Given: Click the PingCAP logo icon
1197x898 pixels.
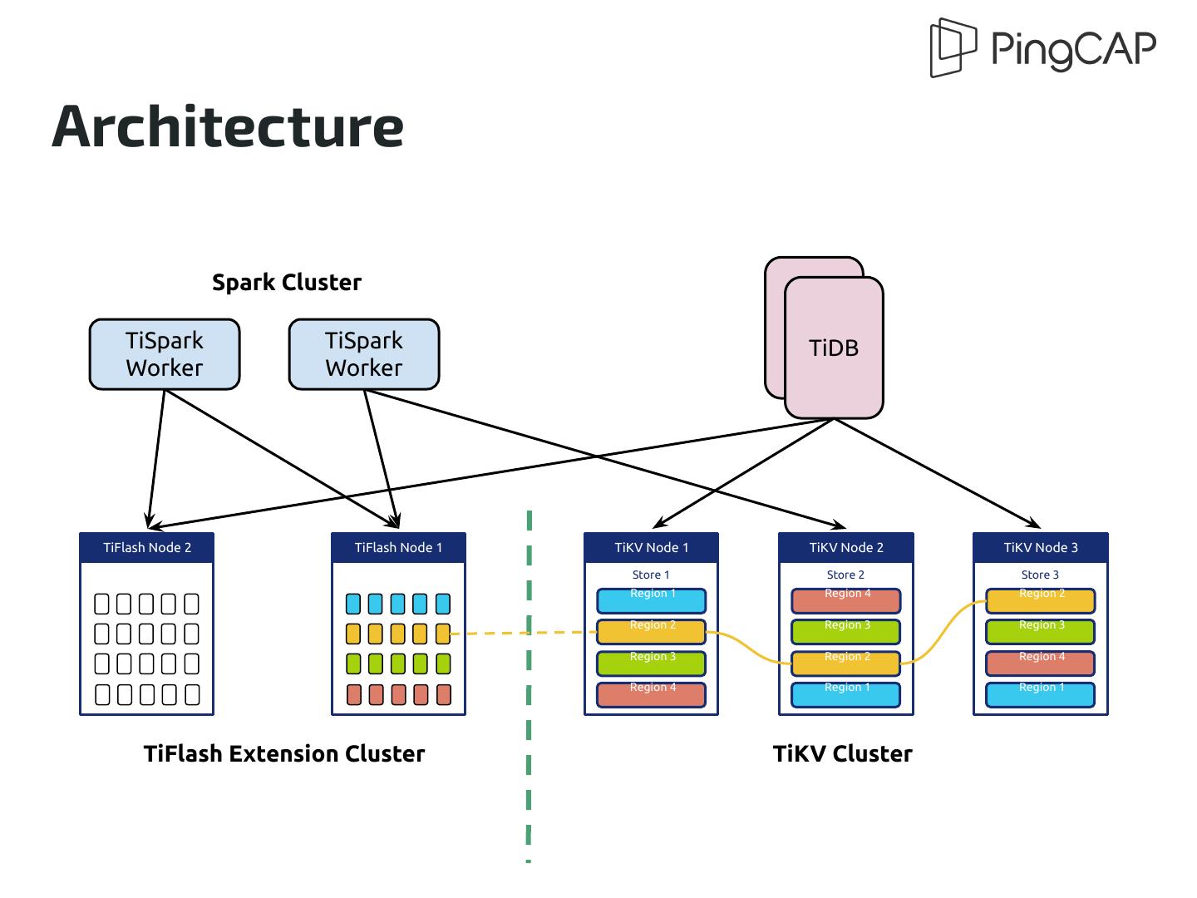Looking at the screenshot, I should click(953, 47).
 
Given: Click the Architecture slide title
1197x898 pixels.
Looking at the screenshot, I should click(228, 126).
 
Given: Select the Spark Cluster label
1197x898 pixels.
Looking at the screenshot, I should click(287, 283).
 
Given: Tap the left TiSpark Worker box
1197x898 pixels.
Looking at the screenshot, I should click(165, 354).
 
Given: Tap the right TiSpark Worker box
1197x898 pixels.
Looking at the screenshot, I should click(364, 354).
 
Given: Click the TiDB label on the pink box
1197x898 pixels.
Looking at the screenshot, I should click(834, 348).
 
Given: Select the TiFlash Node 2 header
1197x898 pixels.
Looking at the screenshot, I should click(147, 547).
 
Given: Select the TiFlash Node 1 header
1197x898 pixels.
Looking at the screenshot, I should click(398, 547).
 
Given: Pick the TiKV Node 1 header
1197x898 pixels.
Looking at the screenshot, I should click(651, 547).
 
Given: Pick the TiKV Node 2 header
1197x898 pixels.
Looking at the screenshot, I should click(846, 547).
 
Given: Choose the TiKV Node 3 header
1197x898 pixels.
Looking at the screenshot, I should click(1041, 547).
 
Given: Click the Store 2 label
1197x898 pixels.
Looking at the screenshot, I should click(845, 575).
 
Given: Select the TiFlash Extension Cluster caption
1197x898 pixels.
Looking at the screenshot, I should click(284, 754).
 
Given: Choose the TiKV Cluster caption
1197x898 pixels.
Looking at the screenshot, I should click(842, 754).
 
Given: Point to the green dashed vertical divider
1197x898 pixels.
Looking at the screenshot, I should click(529, 748).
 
